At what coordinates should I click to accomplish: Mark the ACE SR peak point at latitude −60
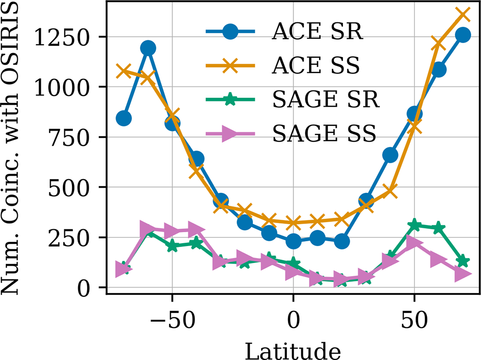[148, 48]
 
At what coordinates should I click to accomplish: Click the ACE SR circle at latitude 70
[463, 35]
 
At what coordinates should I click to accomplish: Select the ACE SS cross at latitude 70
[463, 13]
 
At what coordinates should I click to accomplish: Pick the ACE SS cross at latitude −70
[124, 71]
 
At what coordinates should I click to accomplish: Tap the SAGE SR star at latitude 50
[414, 225]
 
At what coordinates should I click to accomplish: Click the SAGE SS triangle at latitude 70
[463, 274]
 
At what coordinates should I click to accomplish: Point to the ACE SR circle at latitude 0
[293, 241]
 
